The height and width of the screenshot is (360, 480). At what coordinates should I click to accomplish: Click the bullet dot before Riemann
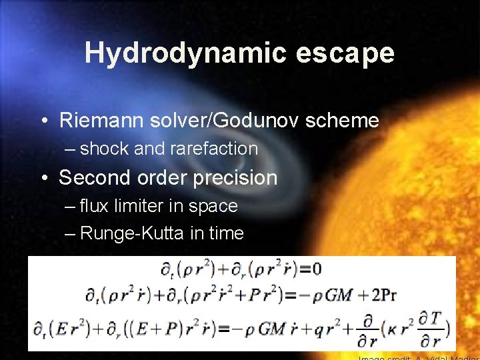coord(44,121)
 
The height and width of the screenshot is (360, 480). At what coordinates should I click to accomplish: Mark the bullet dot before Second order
coord(44,178)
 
